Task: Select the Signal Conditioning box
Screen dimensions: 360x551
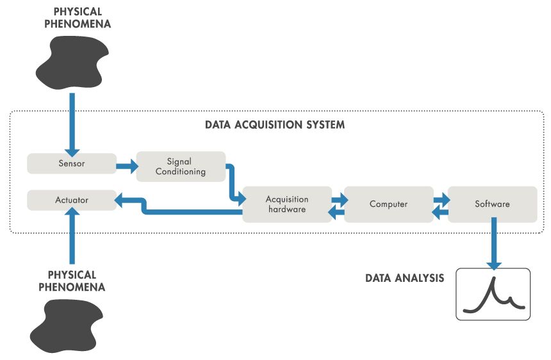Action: coord(181,167)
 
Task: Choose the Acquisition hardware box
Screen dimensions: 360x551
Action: coord(287,204)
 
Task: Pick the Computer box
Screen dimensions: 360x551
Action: coord(388,204)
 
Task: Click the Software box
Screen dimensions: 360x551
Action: coord(492,204)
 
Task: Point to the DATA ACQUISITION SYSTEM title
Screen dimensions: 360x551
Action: coord(275,125)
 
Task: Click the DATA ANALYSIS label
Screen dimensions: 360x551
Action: coord(404,279)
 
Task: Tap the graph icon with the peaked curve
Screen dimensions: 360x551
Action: coord(493,294)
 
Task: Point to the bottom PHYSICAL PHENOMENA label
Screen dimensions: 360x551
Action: coord(72,281)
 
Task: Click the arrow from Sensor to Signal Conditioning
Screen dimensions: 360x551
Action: coord(126,168)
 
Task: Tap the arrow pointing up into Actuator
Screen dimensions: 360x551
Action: coord(72,237)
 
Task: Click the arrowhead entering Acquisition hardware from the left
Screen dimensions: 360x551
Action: coord(239,199)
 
